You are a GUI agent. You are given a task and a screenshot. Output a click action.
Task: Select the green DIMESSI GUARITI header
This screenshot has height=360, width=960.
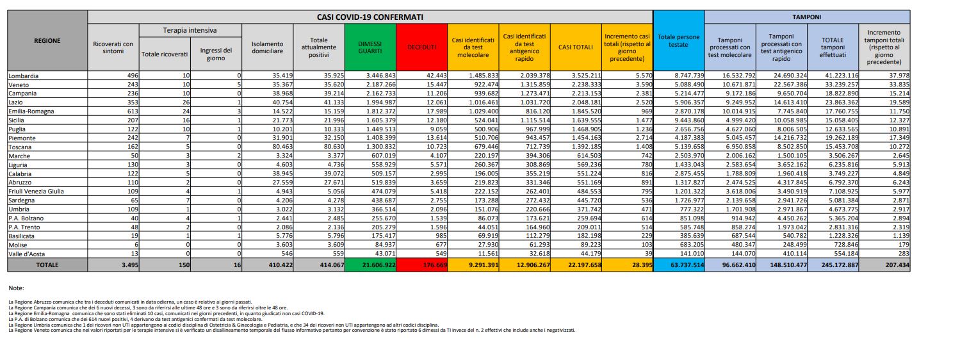click(370, 47)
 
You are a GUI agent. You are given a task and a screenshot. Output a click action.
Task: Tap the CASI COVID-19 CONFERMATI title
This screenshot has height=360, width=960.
click(370, 16)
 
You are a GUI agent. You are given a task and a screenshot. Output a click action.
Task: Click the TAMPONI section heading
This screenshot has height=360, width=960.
click(808, 17)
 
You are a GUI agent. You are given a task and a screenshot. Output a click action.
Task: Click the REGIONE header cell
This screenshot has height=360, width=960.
click(47, 41)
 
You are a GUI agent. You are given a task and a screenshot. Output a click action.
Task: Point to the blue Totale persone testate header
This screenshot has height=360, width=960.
click(679, 41)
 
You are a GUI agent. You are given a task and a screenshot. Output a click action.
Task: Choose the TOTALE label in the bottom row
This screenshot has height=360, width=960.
click(47, 264)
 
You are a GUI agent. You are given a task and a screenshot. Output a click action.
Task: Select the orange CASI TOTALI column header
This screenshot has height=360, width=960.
click(575, 47)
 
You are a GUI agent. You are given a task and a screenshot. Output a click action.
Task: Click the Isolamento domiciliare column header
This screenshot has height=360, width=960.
click(267, 47)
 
